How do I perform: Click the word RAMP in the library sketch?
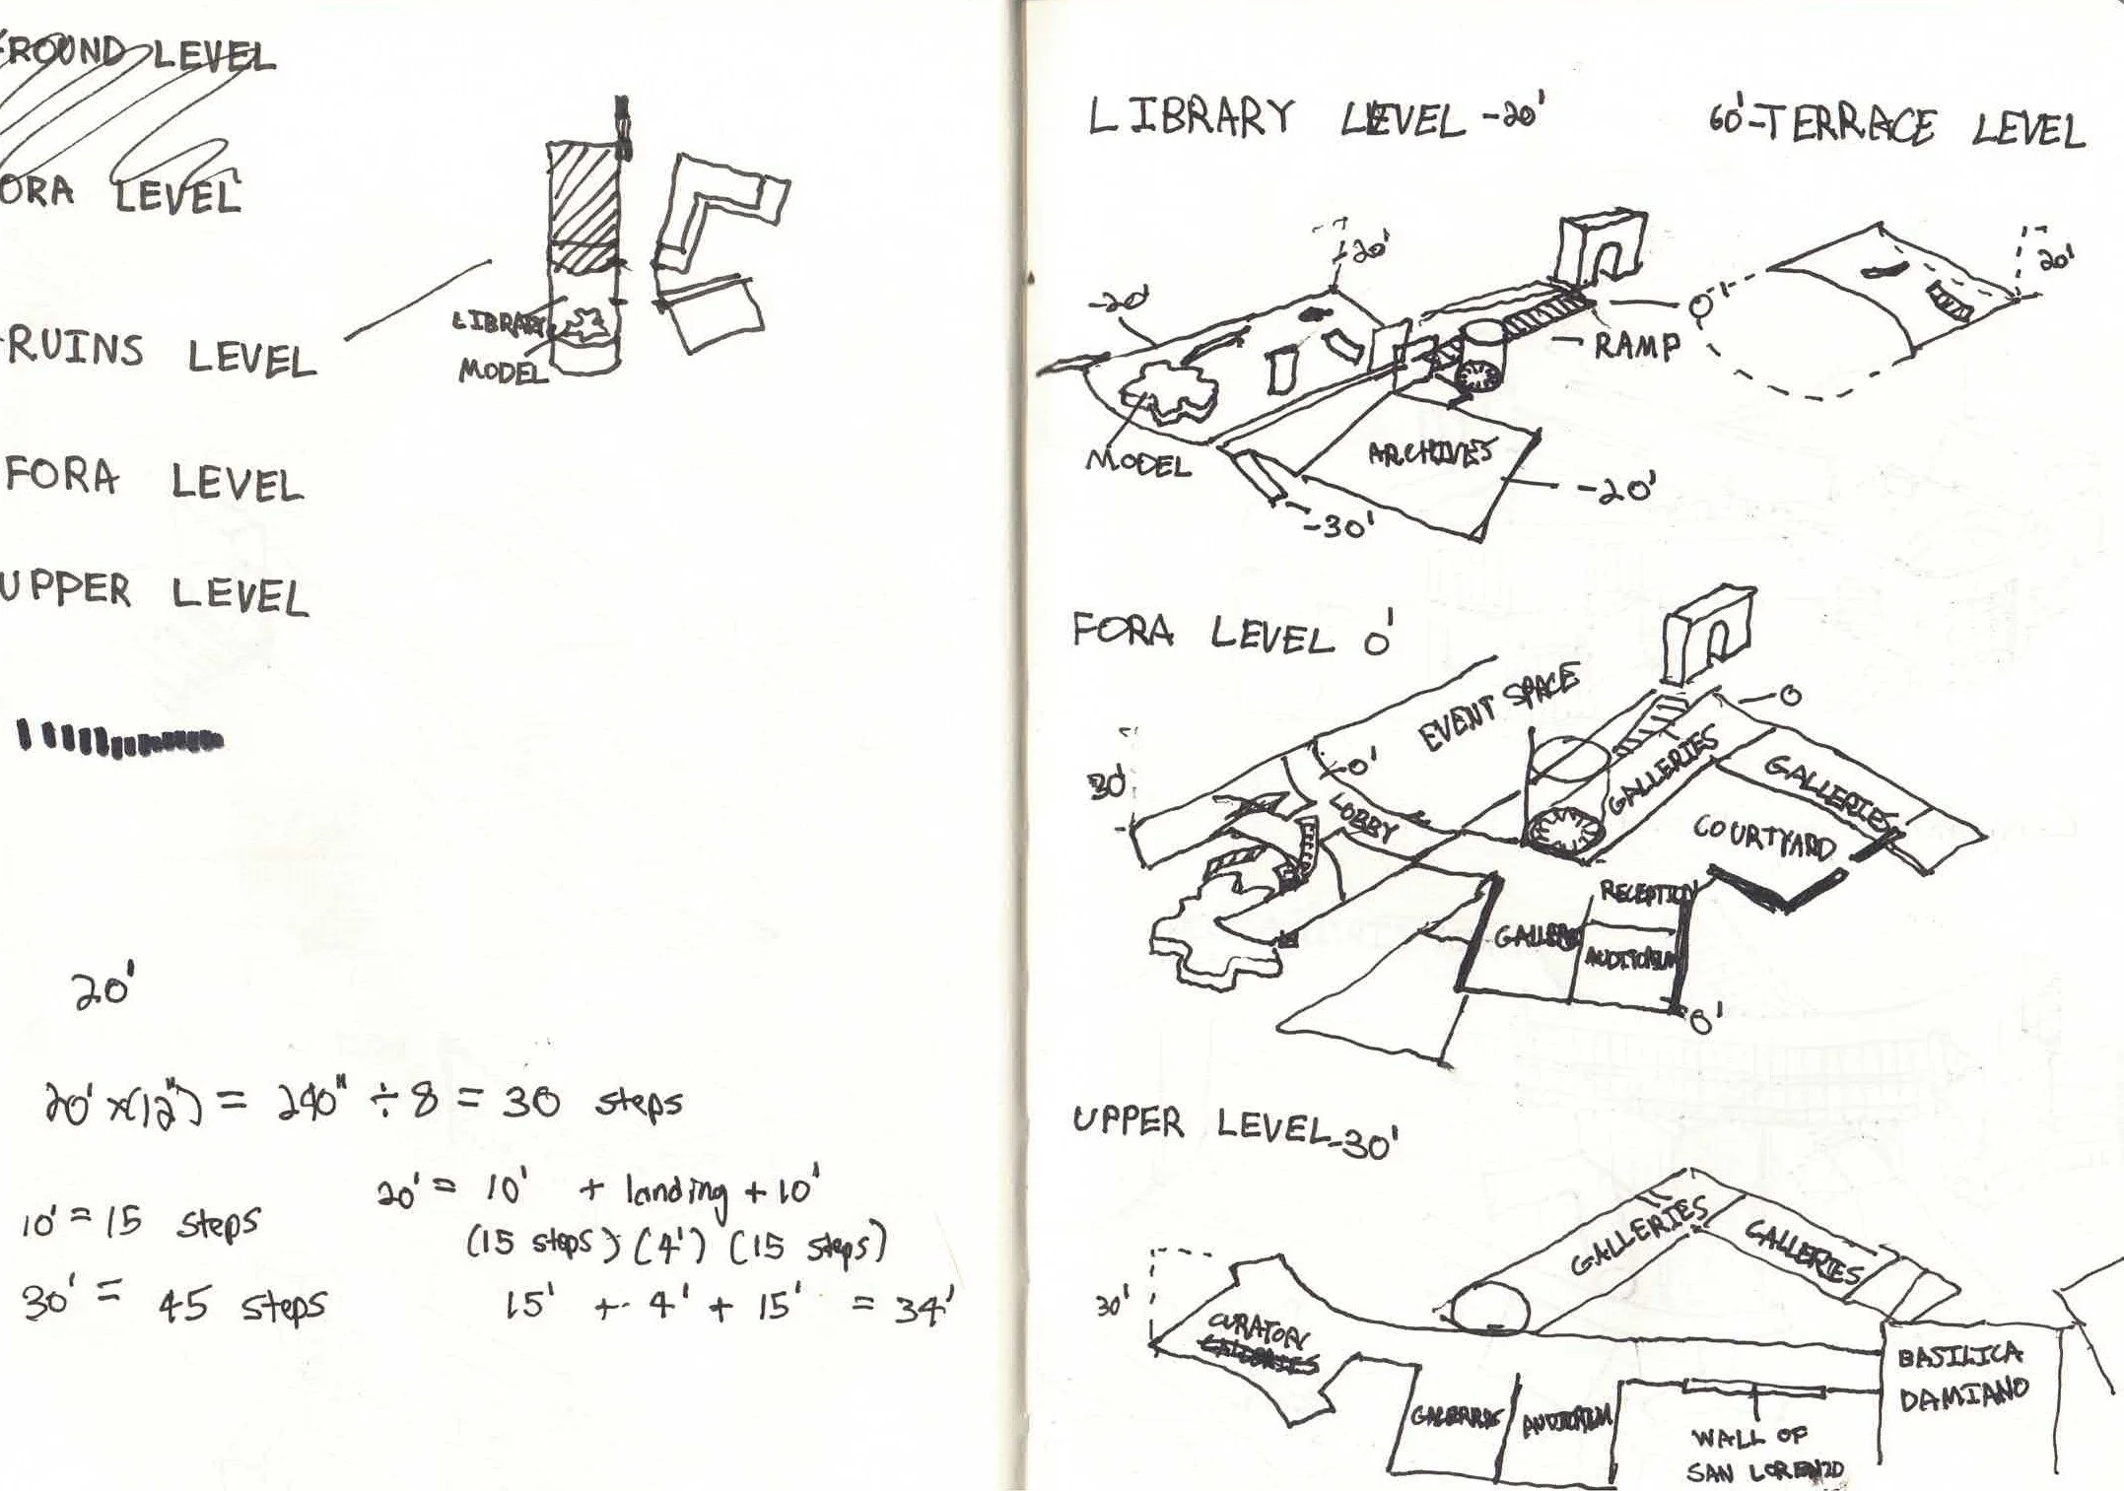pos(1636,346)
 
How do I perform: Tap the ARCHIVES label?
pos(1429,453)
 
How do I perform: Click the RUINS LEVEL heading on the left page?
pos(158,355)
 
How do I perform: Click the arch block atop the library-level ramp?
pos(1602,246)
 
